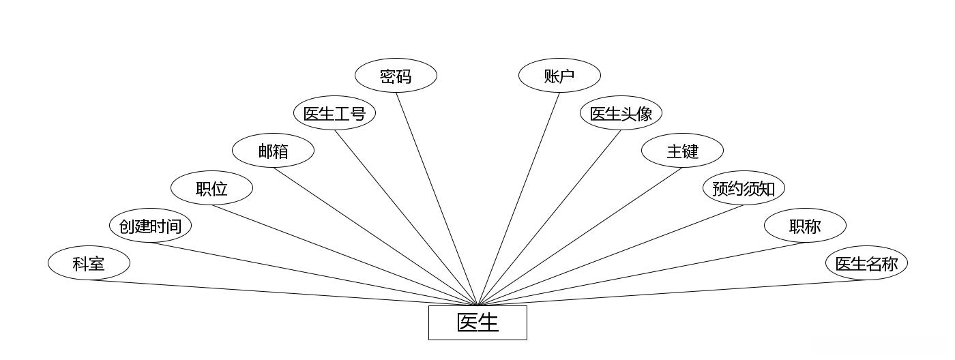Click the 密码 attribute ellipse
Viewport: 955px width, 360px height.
(x=396, y=76)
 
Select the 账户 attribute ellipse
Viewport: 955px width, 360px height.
(x=559, y=76)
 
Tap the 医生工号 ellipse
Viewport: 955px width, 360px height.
(x=334, y=113)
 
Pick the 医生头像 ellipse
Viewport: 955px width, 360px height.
(x=621, y=113)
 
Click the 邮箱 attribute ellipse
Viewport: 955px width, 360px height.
(x=273, y=151)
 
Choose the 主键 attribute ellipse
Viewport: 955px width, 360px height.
(x=682, y=151)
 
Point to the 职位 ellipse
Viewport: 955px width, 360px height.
(x=211, y=188)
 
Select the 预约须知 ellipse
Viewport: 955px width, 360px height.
(x=744, y=188)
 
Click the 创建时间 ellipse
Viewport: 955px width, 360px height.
(x=150, y=226)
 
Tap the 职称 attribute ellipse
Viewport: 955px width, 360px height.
(x=805, y=226)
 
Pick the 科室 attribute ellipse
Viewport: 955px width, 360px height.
(x=89, y=263)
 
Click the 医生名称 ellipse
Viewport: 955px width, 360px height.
(x=866, y=263)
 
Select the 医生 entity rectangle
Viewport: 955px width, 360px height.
(x=477, y=322)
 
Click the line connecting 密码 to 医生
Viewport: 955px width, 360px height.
(x=437, y=198)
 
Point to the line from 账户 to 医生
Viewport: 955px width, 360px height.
(x=518, y=198)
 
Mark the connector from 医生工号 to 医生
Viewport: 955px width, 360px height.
(x=406, y=217)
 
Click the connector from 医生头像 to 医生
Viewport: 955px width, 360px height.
(x=549, y=217)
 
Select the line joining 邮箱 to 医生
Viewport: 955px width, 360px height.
(x=375, y=236)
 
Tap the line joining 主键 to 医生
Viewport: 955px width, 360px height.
(x=580, y=236)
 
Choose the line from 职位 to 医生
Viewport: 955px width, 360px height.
(x=344, y=255)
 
